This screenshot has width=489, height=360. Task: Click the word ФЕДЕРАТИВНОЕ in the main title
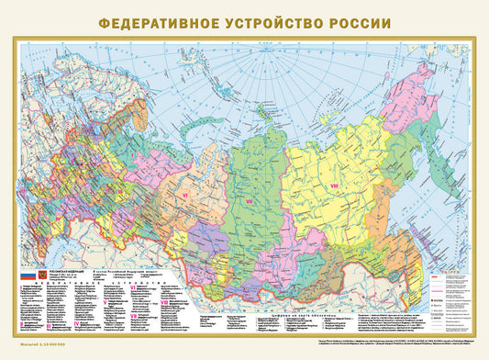(155, 20)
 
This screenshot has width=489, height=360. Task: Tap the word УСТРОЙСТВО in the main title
(278, 20)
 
